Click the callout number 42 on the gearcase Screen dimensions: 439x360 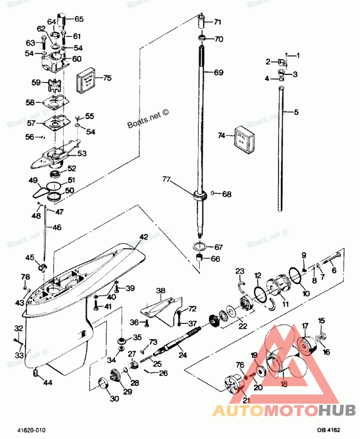[x=143, y=237]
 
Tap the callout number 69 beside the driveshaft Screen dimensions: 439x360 [x=218, y=72]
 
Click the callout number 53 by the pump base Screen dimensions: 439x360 [x=81, y=153]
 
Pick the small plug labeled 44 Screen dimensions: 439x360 [x=36, y=373]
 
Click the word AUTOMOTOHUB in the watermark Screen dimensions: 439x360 [x=283, y=410]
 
